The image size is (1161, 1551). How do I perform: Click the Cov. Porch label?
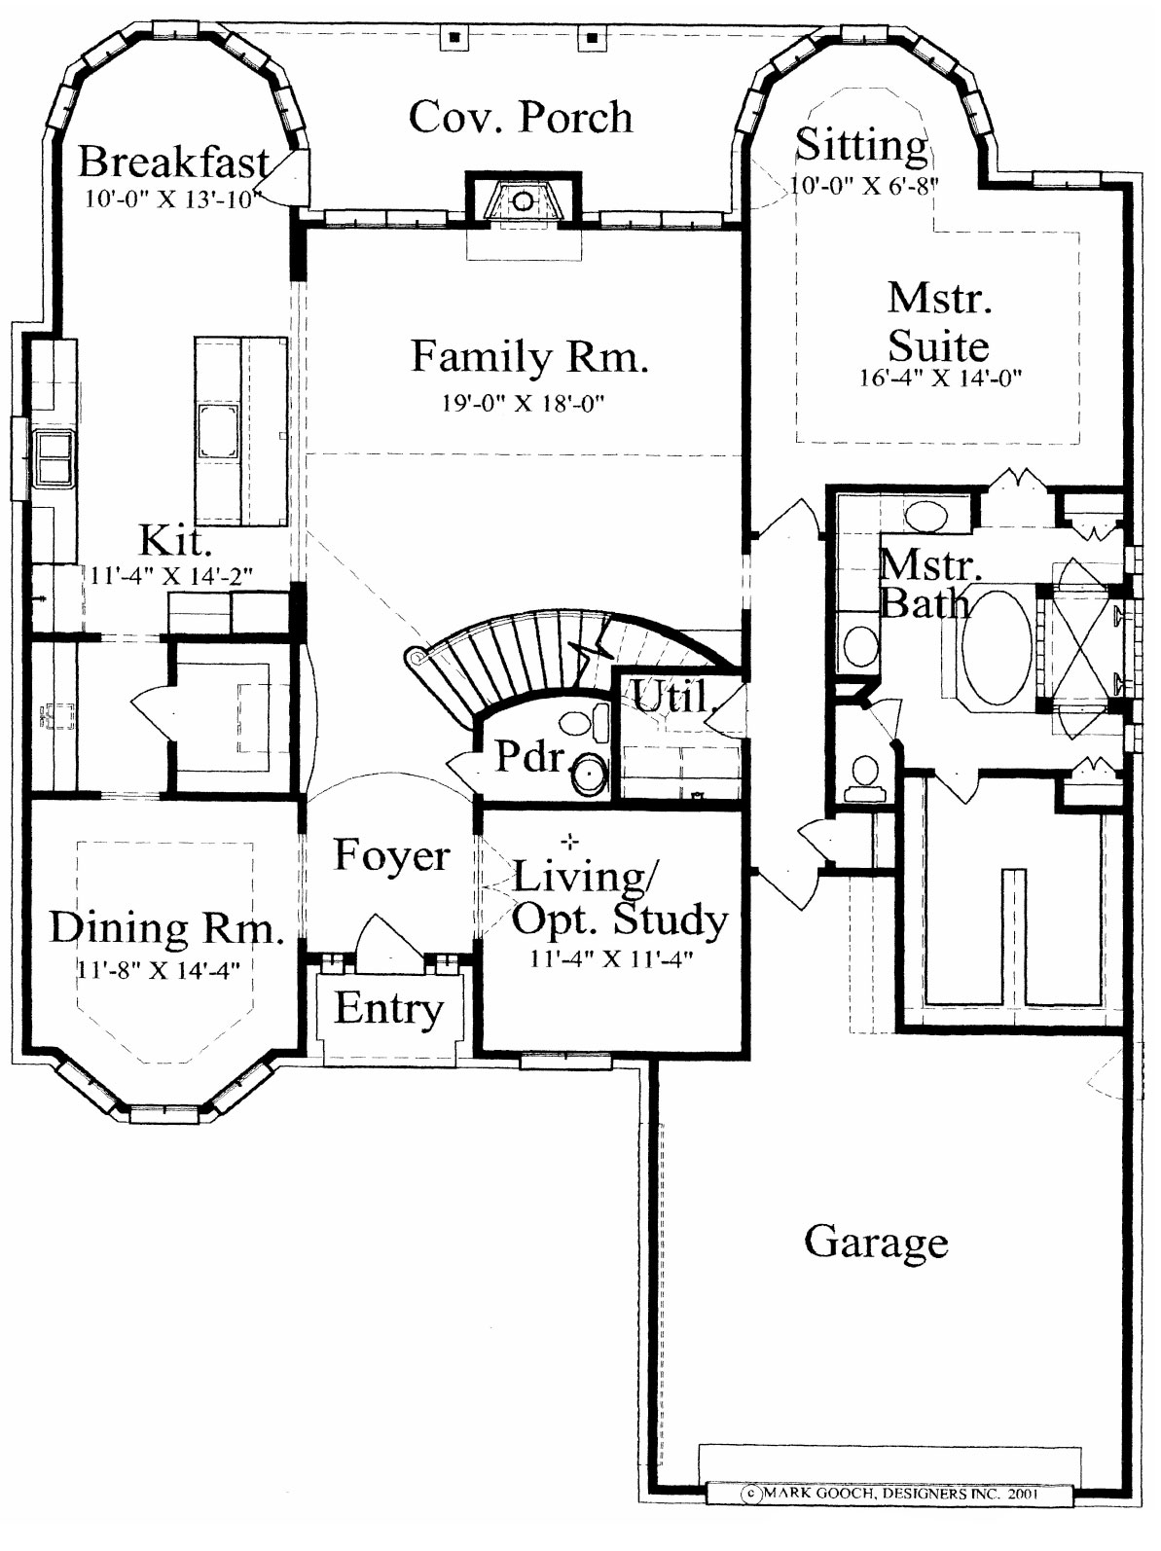521,118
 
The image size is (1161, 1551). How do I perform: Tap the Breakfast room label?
174,162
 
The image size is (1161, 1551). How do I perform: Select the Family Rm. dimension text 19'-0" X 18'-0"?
524,404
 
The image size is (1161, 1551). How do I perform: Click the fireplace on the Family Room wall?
523,200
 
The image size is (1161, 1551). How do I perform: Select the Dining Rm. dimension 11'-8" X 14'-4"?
159,970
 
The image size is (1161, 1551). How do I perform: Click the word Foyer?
391,855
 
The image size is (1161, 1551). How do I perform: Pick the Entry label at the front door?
388,1008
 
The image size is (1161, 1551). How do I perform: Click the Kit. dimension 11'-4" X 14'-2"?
171,577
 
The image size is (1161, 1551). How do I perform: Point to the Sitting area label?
861,146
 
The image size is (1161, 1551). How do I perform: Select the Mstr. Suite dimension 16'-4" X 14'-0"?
940,378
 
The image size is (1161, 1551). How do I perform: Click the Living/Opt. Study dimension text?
611,958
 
